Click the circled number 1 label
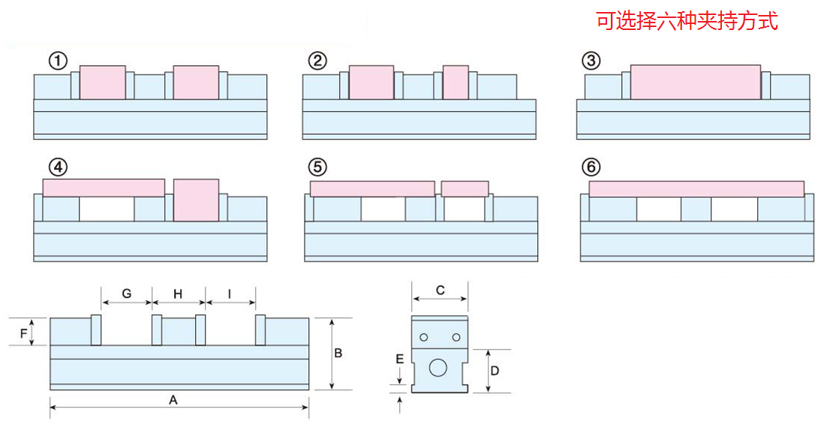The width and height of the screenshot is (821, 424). [x=59, y=61]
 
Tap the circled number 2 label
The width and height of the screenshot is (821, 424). [x=317, y=61]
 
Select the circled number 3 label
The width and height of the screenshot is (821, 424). [x=591, y=61]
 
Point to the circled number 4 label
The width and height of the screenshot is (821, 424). [x=56, y=166]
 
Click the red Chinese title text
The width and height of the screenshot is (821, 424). [x=687, y=21]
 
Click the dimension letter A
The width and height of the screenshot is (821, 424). [x=173, y=400]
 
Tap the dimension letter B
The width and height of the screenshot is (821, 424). [x=338, y=353]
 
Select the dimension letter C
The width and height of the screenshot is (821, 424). [x=441, y=290]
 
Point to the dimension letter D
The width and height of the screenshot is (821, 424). [x=495, y=370]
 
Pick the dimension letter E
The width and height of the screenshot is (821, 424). [x=400, y=359]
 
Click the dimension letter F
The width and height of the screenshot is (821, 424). [x=24, y=331]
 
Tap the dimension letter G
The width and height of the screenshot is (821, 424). [x=127, y=293]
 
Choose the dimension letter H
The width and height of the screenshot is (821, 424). [x=178, y=293]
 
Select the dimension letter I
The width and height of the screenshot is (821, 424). [x=229, y=293]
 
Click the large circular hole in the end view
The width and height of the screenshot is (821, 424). [x=438, y=368]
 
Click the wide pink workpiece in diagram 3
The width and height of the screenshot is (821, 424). [x=695, y=82]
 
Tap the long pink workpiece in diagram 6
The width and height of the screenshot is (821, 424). [x=696, y=188]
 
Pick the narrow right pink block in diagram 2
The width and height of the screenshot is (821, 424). [x=456, y=82]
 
